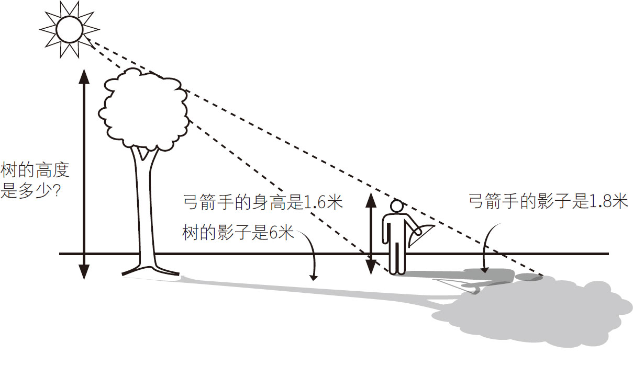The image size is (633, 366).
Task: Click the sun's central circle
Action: pos(70,30)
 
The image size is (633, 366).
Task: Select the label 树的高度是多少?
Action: pos(35,180)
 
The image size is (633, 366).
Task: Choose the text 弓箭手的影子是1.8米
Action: pos(548,202)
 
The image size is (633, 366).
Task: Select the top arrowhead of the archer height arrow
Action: pos(371,199)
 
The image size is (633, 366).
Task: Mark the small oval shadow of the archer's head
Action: pos(529,277)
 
